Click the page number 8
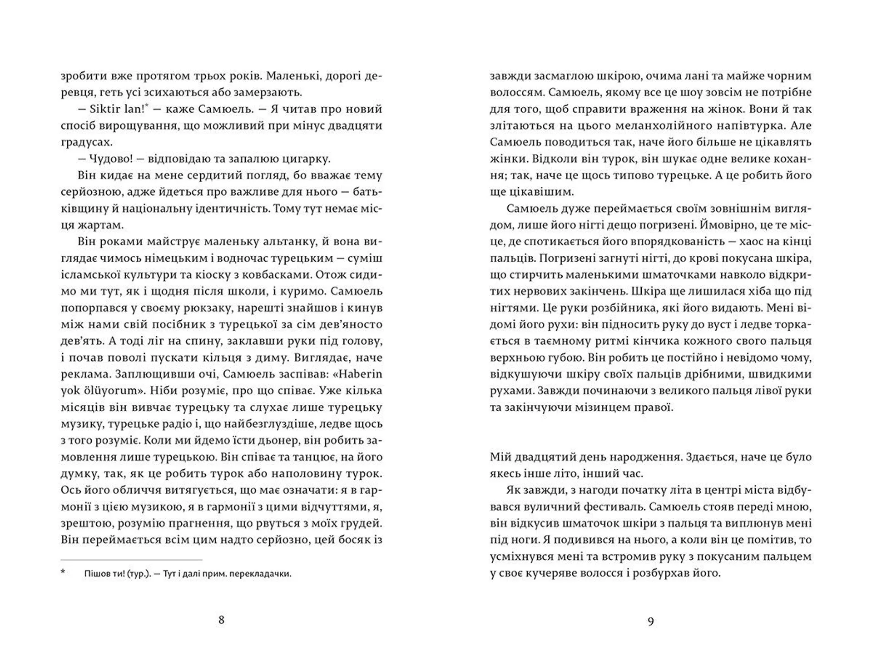pos(221,620)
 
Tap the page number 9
pos(650,621)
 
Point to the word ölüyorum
pos(102,391)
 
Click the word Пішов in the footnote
pos(95,574)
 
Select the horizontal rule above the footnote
pos(132,560)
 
